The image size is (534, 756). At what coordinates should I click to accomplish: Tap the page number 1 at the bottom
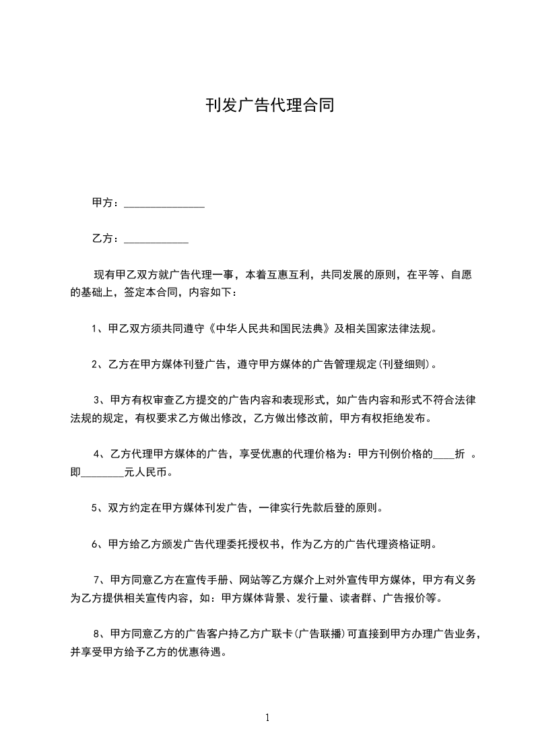(267, 718)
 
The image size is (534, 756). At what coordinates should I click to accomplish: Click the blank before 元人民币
(103, 473)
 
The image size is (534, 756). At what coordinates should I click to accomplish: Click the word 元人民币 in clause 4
(147, 473)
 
